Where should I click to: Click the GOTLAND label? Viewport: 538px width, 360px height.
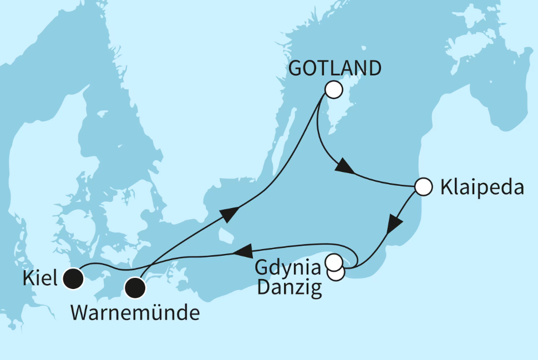point(336,69)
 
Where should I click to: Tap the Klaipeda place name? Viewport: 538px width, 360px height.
point(481,187)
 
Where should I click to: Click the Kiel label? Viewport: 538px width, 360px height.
point(40,278)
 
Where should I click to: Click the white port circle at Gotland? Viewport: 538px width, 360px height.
point(334,89)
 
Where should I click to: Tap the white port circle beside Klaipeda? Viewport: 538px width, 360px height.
point(423,187)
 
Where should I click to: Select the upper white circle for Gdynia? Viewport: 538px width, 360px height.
point(334,261)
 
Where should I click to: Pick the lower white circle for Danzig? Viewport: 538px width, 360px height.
point(336,272)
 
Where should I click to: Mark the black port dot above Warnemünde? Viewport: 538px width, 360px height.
point(135,287)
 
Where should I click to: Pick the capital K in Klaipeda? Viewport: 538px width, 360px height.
point(445,187)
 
